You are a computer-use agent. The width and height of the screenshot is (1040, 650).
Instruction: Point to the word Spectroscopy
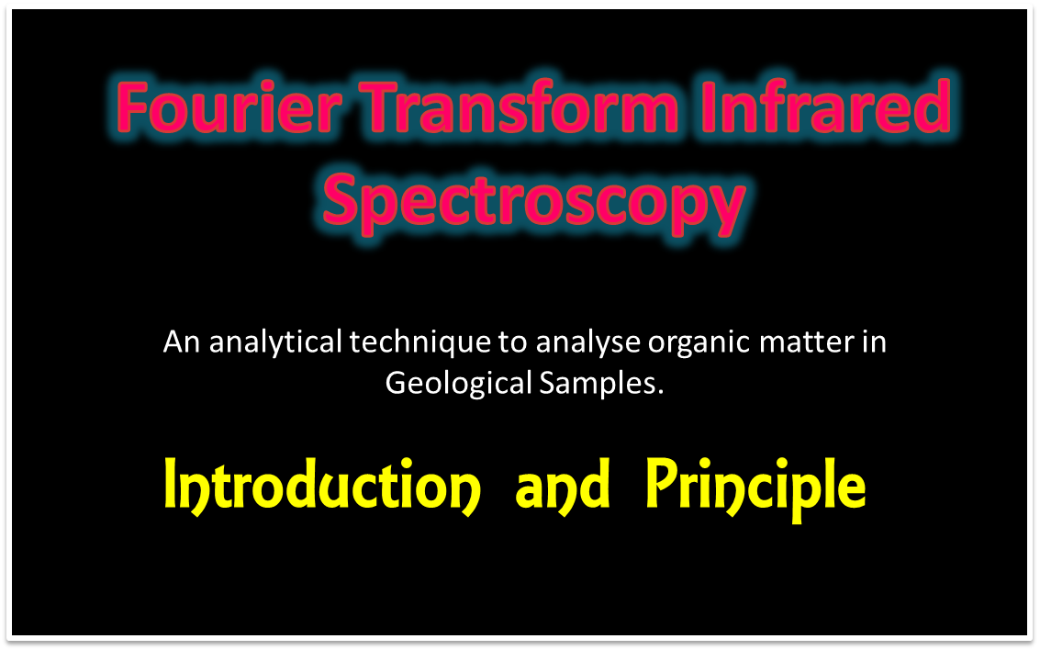click(533, 202)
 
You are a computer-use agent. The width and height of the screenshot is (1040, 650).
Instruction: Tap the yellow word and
click(563, 487)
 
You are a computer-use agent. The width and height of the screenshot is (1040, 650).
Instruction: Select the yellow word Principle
click(755, 487)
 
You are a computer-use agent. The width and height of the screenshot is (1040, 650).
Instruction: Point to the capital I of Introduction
click(172, 486)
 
